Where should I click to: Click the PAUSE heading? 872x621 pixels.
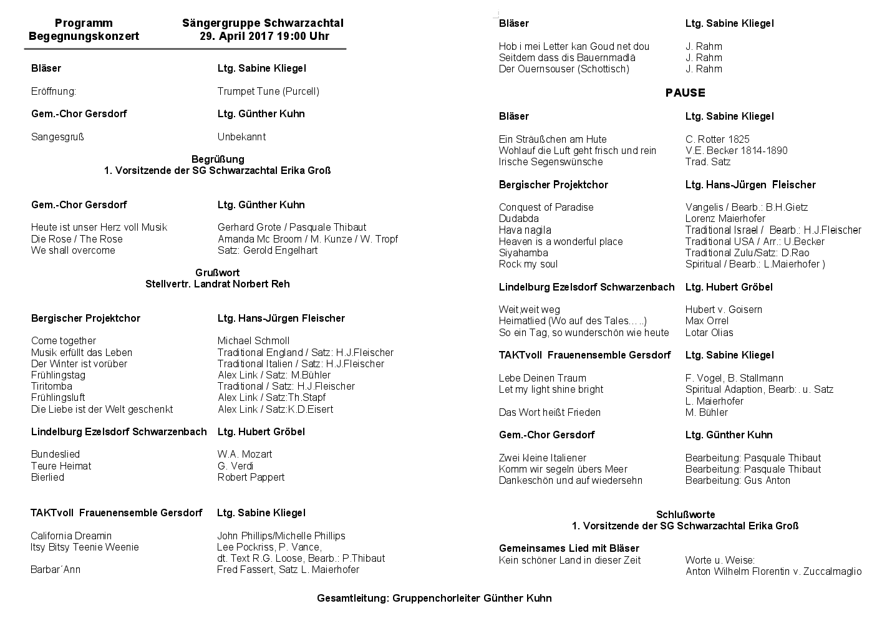685,93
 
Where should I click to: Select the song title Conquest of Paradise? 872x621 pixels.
546,207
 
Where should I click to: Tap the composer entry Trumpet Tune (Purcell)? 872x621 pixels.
268,91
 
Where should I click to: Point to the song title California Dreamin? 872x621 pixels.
71,536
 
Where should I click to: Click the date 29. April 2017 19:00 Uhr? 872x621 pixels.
264,36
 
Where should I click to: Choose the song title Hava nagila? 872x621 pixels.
525,230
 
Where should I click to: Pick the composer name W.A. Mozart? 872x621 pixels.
245,454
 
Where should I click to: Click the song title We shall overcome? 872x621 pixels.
73,250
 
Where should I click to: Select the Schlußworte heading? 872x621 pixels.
685,514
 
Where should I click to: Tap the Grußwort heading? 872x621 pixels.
217,272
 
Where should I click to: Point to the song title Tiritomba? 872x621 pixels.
52,386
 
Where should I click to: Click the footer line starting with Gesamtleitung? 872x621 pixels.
434,598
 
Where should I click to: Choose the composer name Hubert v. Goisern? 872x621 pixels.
723,309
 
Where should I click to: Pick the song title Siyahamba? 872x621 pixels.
523,253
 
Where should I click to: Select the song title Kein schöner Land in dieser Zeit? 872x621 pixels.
569,560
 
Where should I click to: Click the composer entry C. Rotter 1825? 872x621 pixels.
717,139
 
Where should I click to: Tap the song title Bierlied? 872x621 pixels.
47,477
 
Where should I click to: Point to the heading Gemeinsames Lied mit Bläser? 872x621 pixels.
569,548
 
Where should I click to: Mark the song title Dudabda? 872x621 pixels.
518,218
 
